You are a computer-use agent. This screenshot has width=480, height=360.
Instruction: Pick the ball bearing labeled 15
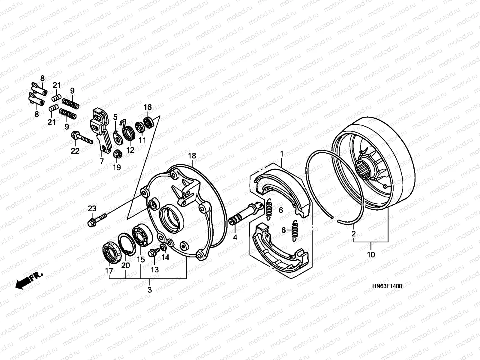click(x=142, y=234)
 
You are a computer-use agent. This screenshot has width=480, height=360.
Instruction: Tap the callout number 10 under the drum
click(x=371, y=255)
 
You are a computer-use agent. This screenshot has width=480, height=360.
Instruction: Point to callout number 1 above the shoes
click(x=281, y=154)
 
